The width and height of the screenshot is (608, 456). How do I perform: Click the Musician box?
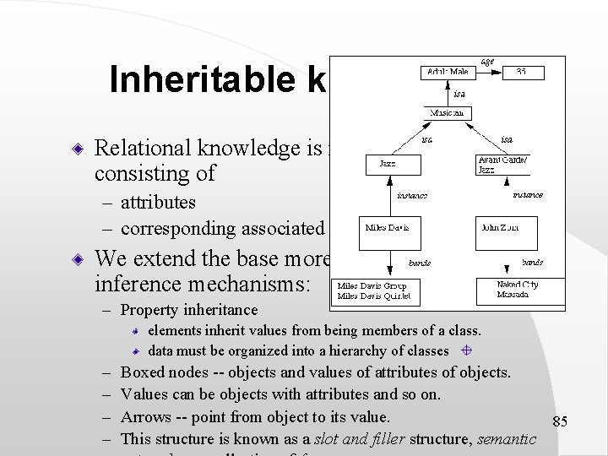(x=448, y=112)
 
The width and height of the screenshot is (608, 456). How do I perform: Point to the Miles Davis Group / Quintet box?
(x=374, y=291)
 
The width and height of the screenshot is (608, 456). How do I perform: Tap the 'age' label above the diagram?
(x=487, y=61)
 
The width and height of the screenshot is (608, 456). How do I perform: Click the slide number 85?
(x=560, y=421)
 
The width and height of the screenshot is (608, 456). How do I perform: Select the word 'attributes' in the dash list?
(x=158, y=203)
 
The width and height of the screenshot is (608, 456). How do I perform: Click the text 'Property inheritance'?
(x=189, y=311)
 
